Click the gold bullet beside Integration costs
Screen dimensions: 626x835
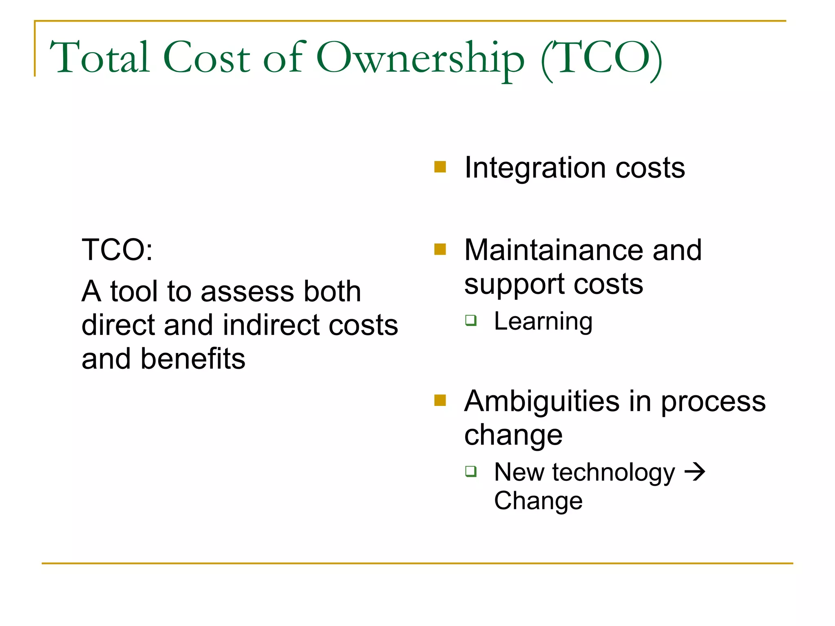pyautogui.click(x=440, y=167)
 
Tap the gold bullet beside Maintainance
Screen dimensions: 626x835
pyautogui.click(x=440, y=249)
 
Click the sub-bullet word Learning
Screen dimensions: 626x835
pyautogui.click(x=543, y=322)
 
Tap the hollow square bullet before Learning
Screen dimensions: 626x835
pyautogui.click(x=471, y=320)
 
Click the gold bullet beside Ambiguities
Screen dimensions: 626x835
pyautogui.click(x=440, y=400)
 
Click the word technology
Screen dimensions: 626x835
pyautogui.click(x=614, y=473)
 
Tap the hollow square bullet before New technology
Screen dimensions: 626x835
pyautogui.click(x=471, y=472)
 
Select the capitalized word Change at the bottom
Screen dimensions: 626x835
pyautogui.click(x=538, y=500)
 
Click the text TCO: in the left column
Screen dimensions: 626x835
pyautogui.click(x=117, y=250)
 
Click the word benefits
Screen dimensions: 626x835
pyautogui.click(x=193, y=359)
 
